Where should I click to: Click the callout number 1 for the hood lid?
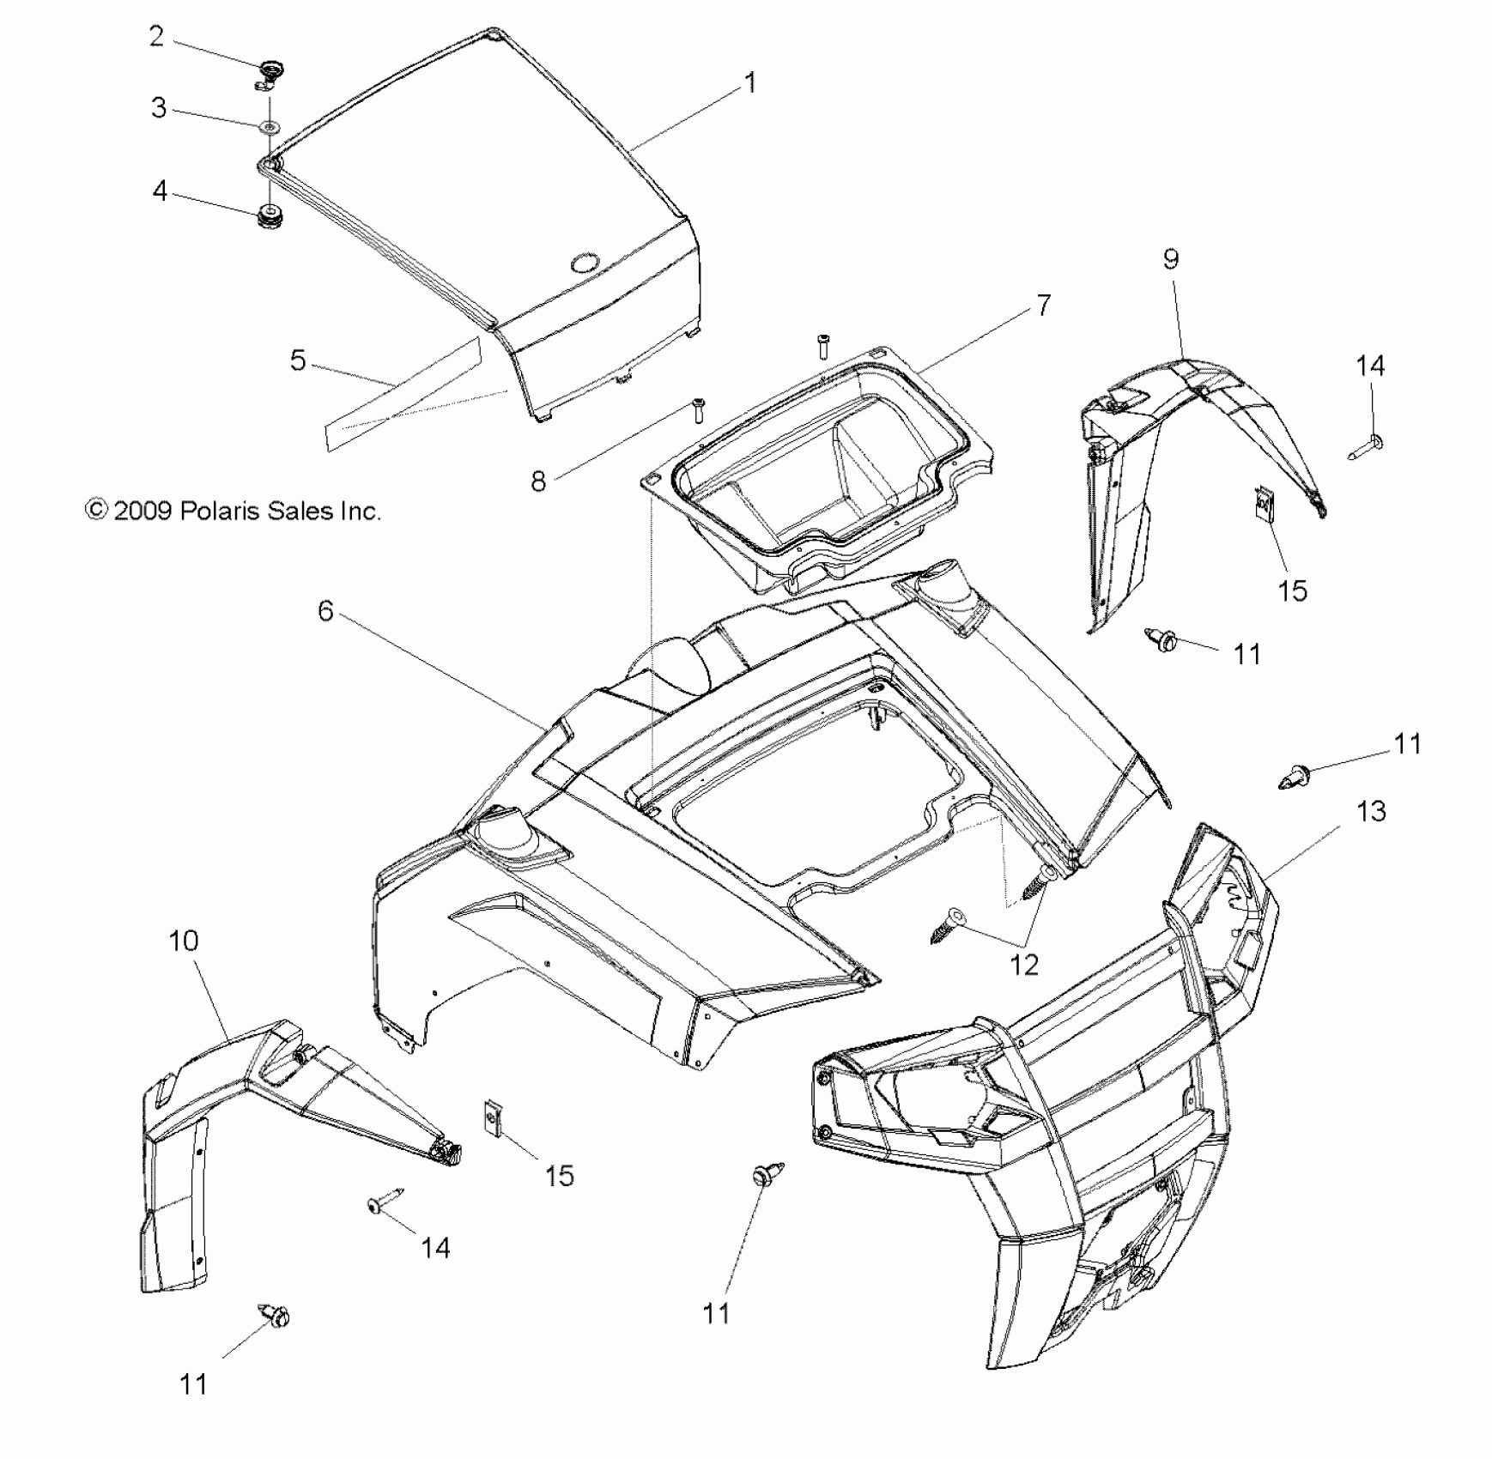[750, 84]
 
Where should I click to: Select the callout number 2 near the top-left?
[156, 37]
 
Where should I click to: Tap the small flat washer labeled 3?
[270, 127]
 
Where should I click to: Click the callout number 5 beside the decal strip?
[298, 360]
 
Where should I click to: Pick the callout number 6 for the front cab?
[325, 611]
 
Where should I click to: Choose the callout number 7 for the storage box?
[1043, 306]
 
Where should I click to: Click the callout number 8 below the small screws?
[538, 481]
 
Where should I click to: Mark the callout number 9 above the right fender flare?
[1171, 259]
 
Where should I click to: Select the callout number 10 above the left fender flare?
[184, 941]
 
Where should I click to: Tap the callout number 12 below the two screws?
[1023, 965]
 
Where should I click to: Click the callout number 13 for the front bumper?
[1371, 811]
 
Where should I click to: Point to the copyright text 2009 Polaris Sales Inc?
[233, 512]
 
